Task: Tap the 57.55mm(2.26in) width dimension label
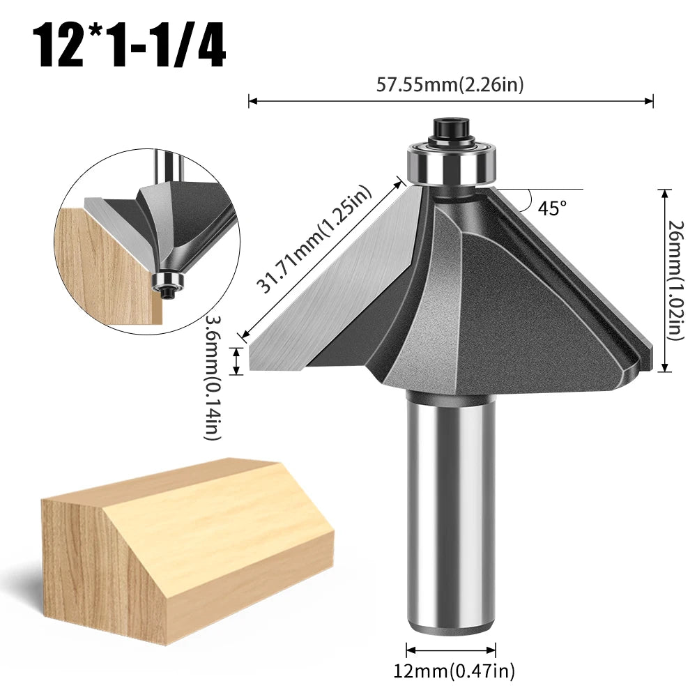(x=450, y=85)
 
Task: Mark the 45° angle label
(x=552, y=208)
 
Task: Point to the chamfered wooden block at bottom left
(x=181, y=551)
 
